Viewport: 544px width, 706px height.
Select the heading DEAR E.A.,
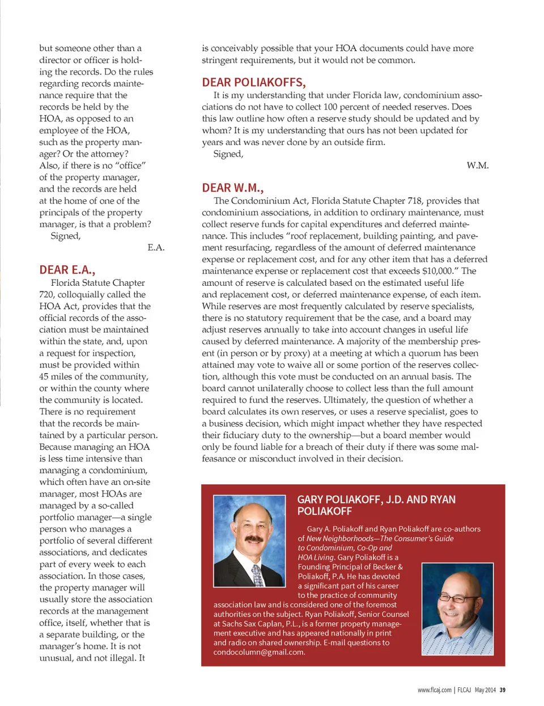click(67, 270)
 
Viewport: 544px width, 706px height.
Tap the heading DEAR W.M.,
click(232, 188)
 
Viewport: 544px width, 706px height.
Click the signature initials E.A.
click(156, 247)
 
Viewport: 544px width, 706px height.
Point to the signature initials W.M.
click(477, 166)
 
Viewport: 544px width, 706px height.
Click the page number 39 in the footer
click(503, 690)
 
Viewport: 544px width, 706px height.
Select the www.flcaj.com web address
click(434, 690)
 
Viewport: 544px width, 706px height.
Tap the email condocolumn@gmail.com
click(258, 652)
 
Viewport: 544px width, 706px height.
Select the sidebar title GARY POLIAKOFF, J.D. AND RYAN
click(376, 500)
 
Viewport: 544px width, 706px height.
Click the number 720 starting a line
click(46, 294)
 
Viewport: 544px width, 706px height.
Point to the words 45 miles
click(58, 377)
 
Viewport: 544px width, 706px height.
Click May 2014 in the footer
click(485, 690)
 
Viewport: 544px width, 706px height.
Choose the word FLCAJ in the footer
click(464, 690)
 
